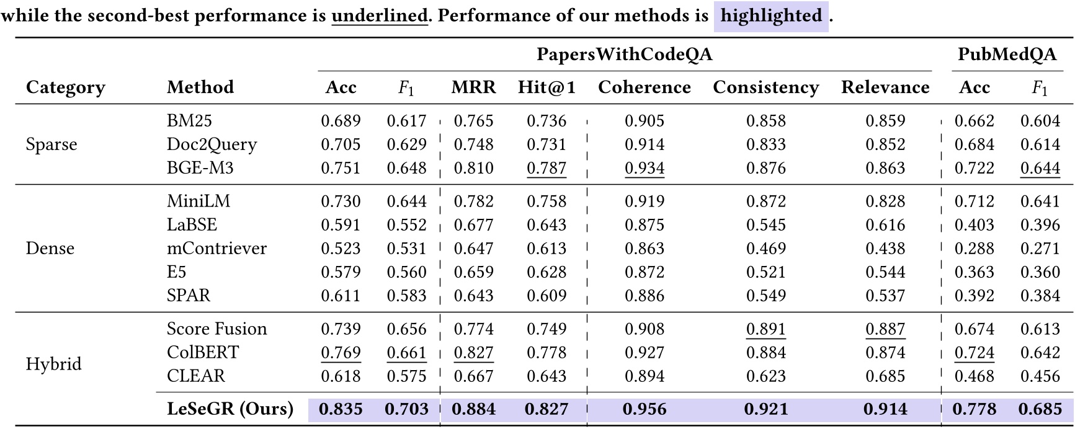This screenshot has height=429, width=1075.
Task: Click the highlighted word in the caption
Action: point(771,15)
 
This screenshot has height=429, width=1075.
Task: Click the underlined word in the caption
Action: point(380,15)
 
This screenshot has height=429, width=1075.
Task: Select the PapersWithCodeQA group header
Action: point(624,55)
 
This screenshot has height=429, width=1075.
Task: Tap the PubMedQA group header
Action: point(1007,55)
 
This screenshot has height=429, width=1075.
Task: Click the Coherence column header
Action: point(644,87)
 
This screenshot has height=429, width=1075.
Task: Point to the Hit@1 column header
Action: point(546,87)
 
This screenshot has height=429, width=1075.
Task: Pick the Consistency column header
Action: point(765,87)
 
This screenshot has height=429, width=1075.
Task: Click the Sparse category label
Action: point(51,144)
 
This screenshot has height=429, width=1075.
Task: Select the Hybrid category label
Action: point(53,364)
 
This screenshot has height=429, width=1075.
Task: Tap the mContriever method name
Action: point(216,249)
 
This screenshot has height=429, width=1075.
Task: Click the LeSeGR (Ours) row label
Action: point(230,409)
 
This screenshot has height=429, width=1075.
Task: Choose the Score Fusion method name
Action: point(216,329)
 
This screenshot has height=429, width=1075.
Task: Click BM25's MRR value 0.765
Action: point(473,121)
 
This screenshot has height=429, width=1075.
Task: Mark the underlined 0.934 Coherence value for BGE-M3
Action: point(644,168)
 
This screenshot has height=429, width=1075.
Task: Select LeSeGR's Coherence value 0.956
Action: point(644,409)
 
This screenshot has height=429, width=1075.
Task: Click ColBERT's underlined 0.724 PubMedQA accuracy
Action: point(974,353)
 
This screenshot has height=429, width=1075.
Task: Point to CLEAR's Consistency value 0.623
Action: point(765,376)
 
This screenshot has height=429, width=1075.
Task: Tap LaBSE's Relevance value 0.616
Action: point(885,225)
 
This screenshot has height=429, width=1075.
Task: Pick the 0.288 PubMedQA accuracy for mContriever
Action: point(974,249)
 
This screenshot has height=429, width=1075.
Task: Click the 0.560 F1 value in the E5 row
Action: point(406,272)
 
